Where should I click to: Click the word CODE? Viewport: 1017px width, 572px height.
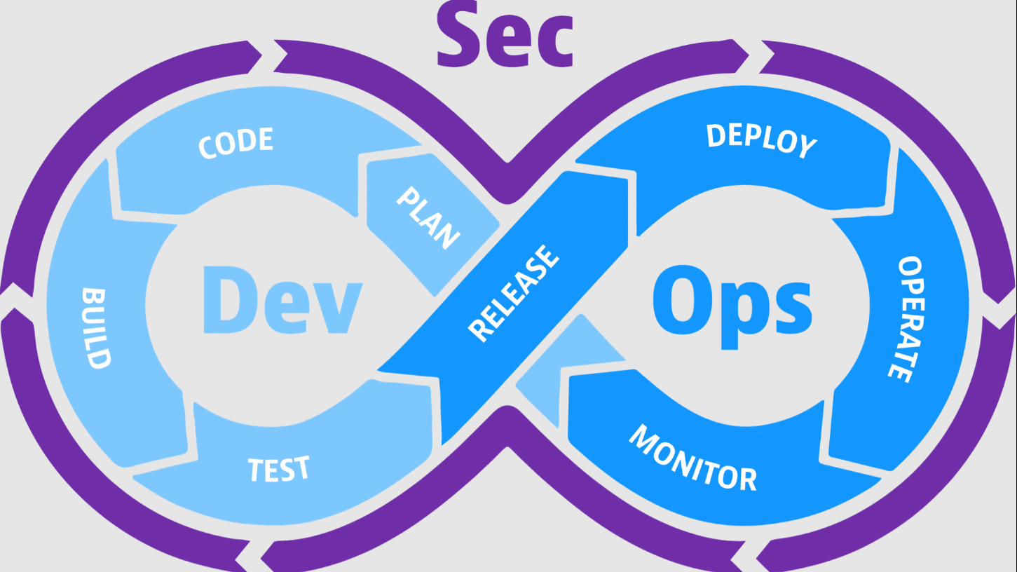[236, 143]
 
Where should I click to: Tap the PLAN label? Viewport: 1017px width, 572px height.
[428, 218]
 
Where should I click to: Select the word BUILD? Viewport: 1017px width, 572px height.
[96, 328]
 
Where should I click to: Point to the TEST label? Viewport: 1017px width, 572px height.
[279, 469]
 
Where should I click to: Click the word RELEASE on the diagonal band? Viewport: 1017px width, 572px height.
[514, 293]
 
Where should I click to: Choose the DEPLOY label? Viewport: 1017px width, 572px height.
[761, 140]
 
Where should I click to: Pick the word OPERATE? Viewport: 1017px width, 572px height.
[906, 319]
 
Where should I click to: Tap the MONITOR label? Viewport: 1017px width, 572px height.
[692, 458]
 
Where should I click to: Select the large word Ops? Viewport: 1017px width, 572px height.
[732, 306]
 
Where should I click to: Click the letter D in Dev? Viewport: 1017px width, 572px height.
[230, 300]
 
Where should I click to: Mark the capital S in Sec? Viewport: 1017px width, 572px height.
[458, 34]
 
